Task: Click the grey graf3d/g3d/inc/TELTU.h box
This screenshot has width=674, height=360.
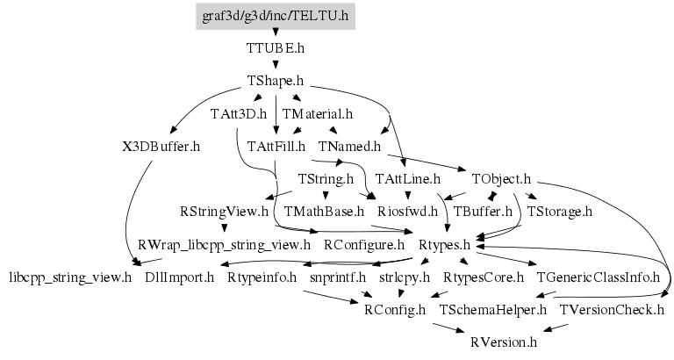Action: tap(276, 16)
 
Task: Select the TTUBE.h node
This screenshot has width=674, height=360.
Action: tap(276, 48)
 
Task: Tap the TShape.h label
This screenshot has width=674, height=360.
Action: tap(276, 81)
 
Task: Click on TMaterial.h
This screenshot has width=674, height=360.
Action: tap(317, 113)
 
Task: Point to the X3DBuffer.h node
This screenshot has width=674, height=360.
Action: tap(162, 146)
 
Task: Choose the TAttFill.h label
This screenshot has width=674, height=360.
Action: tap(276, 146)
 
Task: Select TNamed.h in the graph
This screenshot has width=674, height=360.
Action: tap(350, 146)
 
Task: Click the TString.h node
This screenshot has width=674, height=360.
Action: tap(326, 178)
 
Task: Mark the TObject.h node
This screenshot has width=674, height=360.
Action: tap(501, 178)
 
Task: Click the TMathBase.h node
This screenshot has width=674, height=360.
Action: tap(324, 211)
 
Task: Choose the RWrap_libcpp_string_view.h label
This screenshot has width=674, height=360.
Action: tap(225, 243)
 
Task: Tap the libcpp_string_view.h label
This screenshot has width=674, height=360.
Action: tap(69, 277)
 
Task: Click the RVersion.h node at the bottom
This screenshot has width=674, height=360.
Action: tap(503, 342)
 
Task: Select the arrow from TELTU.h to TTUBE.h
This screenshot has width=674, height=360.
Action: tap(276, 32)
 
